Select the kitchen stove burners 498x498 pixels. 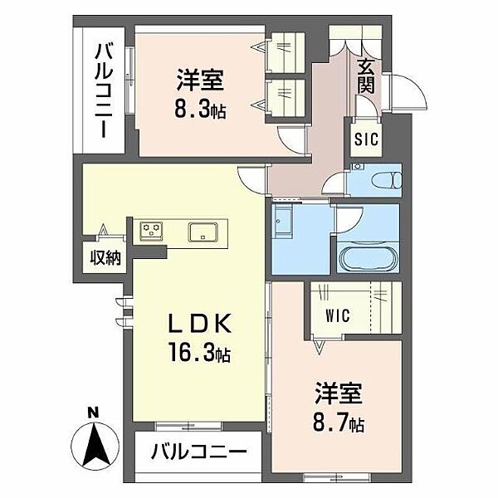click(152, 230)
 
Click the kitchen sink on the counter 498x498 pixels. click(203, 231)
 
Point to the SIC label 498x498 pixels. click(365, 139)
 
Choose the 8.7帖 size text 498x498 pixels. click(338, 423)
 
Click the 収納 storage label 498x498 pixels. click(105, 257)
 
